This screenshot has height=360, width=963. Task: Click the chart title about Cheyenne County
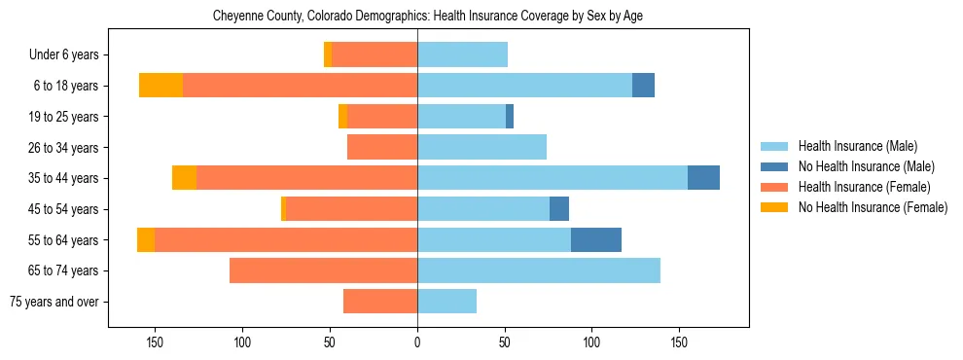[427, 17]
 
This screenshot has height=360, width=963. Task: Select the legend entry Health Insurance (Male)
[857, 146]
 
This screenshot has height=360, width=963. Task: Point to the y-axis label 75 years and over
[54, 302]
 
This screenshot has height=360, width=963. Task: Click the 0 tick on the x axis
[417, 342]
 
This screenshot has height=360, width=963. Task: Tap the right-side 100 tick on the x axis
[591, 342]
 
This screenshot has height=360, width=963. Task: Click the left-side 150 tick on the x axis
[155, 342]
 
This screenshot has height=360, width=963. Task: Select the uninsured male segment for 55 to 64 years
[596, 240]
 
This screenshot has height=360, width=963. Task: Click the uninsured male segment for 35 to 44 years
[703, 178]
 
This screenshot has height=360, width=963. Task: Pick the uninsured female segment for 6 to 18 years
[161, 86]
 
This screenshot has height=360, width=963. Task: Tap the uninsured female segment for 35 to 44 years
[184, 178]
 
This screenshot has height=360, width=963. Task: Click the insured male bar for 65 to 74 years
[539, 270]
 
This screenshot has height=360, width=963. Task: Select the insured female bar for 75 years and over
[380, 302]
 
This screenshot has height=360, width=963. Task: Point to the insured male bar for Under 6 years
[462, 55]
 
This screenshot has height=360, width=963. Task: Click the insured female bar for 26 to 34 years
[382, 147]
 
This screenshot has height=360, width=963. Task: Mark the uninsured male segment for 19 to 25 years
[510, 117]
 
